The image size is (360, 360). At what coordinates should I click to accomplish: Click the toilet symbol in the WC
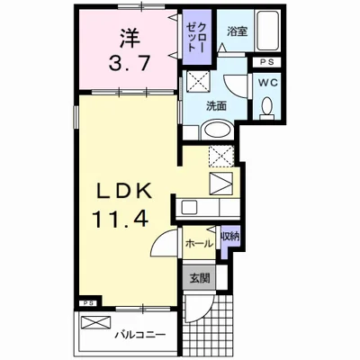point(266,108)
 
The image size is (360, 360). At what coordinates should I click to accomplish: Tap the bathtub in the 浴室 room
point(267,31)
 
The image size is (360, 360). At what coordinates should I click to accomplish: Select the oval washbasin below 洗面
point(217,130)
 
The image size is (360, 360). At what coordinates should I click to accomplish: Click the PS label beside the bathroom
point(266,62)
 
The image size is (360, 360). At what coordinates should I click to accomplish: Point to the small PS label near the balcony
point(89,303)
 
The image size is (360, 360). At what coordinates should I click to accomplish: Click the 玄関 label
point(199,278)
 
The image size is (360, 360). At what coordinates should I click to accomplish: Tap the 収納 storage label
point(230,237)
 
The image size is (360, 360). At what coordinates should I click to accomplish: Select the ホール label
point(199,244)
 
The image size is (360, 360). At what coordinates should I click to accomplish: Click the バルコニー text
point(140,335)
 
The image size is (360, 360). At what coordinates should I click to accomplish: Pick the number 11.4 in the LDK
point(121,219)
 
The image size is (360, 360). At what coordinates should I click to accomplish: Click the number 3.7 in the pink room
point(130,63)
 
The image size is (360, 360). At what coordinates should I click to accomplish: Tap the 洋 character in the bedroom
point(130,37)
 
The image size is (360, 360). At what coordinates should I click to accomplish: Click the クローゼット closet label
point(196,37)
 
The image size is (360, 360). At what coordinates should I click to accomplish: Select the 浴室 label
point(237,31)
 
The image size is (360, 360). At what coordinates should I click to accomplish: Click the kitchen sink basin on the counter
point(188,207)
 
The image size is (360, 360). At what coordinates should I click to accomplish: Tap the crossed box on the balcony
point(95,323)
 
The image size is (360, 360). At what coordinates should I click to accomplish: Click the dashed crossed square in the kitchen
point(221,156)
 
